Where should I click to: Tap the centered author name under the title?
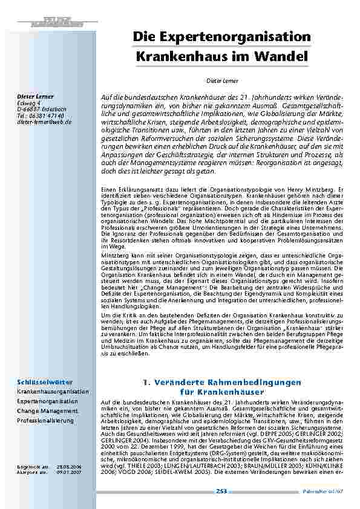click(x=220, y=80)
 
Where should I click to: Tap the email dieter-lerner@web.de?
click(x=44, y=122)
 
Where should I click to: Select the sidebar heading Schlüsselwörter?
click(x=45, y=383)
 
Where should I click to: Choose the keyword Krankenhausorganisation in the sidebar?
click(x=52, y=392)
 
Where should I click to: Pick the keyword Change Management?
click(x=47, y=411)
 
